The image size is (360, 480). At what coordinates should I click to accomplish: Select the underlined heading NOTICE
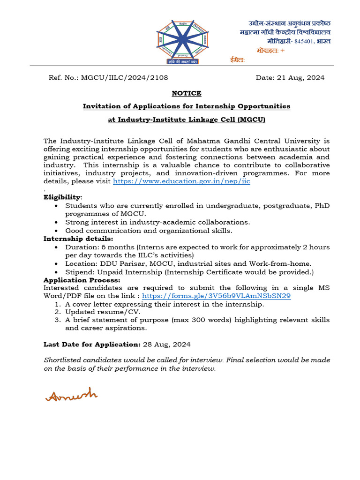(187, 93)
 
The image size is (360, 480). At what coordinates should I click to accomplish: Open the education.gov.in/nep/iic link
(181, 181)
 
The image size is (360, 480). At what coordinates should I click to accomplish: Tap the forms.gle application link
(216, 296)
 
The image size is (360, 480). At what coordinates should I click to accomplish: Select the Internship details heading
(75, 239)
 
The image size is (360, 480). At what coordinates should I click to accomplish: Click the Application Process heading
(82, 280)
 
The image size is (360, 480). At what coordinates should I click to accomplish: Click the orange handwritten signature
(71, 394)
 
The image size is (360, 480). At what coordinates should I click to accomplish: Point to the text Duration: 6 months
(96, 247)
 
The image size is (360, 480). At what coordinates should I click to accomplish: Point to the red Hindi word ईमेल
(237, 60)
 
